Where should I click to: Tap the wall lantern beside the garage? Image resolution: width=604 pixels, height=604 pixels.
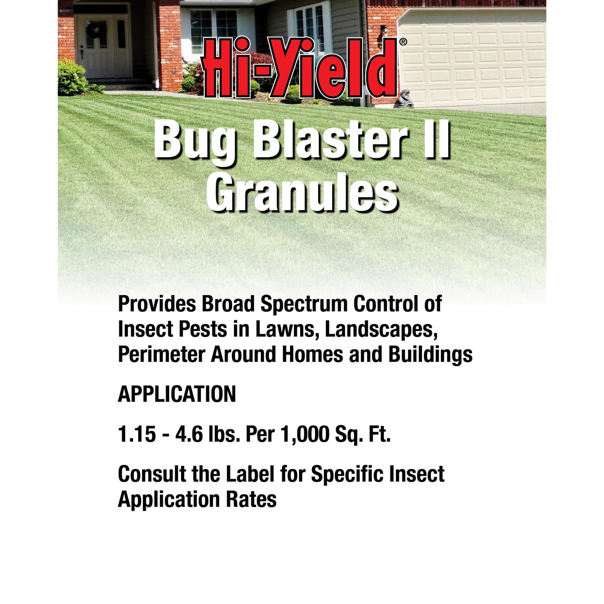(x=384, y=32)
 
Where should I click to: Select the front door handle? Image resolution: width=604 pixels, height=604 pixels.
(x=82, y=53)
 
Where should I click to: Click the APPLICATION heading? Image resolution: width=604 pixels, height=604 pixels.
(x=177, y=394)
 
